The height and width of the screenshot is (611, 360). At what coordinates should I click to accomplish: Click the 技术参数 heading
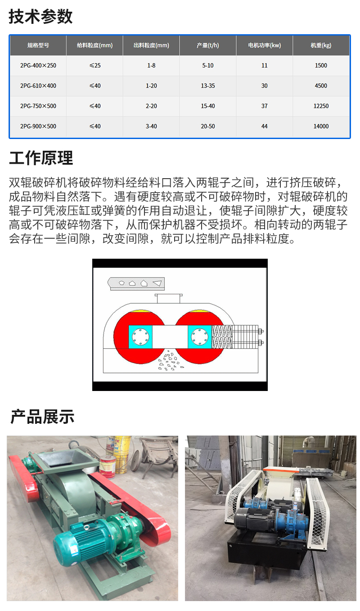[x=40, y=16]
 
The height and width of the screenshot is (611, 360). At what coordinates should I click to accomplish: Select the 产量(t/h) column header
[x=208, y=45]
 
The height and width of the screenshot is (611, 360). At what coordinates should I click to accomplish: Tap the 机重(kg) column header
[x=321, y=45]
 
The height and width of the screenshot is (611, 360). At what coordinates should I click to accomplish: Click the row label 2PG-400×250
[x=38, y=66]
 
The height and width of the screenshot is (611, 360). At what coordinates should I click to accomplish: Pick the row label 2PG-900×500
[x=38, y=126]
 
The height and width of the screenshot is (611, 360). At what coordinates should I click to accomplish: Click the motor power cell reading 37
[x=264, y=106]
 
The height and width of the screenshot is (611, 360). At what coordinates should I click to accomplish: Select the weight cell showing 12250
[x=321, y=106]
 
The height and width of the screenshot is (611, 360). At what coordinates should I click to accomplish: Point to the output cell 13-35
[x=208, y=86]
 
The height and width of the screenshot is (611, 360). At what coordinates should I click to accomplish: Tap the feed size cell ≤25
[x=95, y=66]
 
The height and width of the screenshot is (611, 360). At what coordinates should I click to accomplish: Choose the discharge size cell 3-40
[x=151, y=126]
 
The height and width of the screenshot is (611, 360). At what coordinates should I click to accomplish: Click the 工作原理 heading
[x=41, y=158]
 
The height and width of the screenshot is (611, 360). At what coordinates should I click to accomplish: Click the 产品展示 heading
[x=42, y=417]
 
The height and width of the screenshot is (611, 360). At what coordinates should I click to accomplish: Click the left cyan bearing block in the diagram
[x=140, y=337]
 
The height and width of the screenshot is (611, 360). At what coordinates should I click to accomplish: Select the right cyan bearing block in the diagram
[x=200, y=337]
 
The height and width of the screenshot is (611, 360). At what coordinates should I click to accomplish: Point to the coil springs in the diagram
[x=222, y=337]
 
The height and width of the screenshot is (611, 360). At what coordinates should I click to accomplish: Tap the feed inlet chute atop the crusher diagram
[x=169, y=298]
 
